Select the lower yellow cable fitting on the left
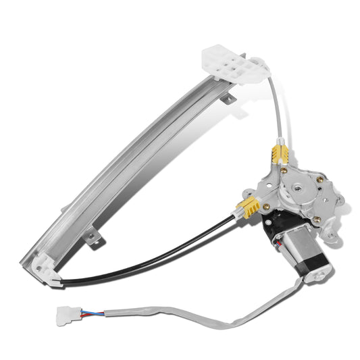[x=249, y=207]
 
